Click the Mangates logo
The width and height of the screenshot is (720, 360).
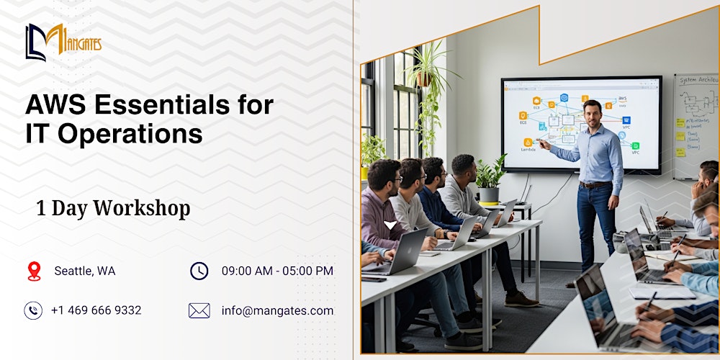click(x=63, y=42)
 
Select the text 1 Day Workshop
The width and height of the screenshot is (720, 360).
click(x=113, y=208)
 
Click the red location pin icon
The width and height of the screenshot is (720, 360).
click(x=34, y=271)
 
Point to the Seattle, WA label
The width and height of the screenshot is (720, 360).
click(x=85, y=271)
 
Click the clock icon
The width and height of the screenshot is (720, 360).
click(x=199, y=271)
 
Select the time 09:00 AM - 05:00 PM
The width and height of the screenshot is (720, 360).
click(x=277, y=271)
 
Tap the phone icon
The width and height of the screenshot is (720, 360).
click(x=33, y=310)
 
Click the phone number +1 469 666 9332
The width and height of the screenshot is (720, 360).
click(x=96, y=310)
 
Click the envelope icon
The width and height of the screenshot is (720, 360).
click(x=199, y=310)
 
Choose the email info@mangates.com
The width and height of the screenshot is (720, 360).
click(x=277, y=311)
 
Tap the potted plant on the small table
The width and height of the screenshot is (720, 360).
click(x=490, y=179)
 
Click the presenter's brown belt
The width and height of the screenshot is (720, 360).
click(x=595, y=185)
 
